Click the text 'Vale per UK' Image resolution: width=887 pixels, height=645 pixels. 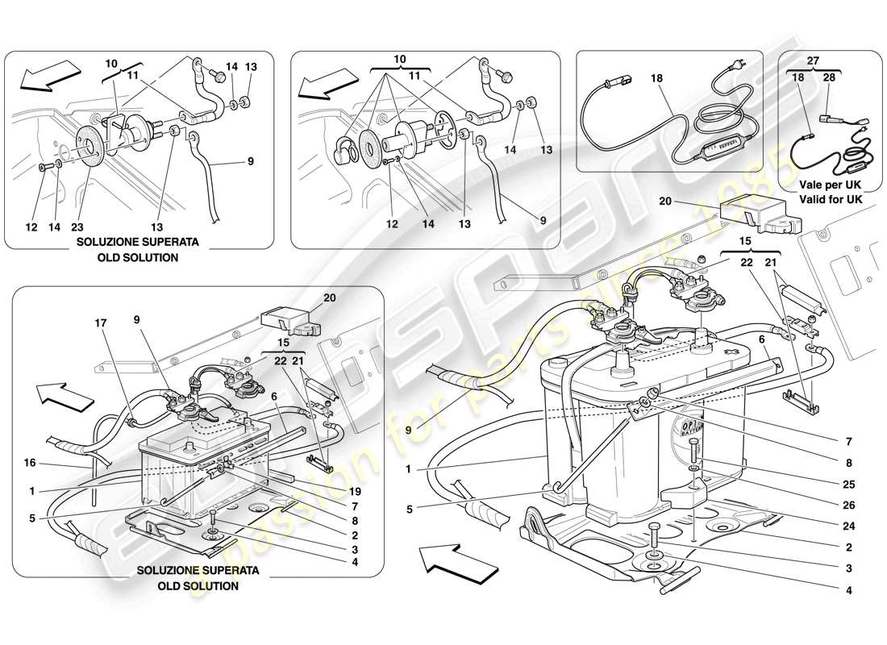point(825,184)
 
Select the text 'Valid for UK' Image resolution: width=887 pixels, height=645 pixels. point(825,198)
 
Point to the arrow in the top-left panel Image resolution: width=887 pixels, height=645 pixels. point(45,77)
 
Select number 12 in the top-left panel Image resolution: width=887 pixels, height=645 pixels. point(31,227)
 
